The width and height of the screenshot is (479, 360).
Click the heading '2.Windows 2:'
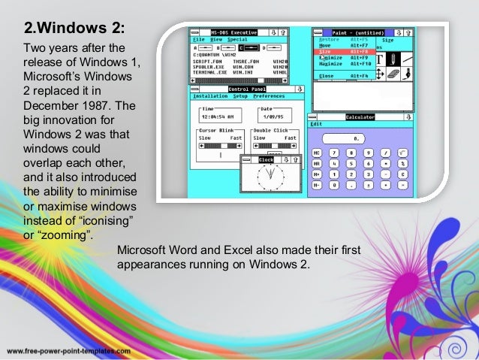(74, 31)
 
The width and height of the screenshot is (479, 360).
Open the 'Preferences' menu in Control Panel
(268, 96)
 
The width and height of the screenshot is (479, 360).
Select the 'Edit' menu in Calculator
(316, 124)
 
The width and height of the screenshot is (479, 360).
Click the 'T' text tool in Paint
(380, 59)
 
